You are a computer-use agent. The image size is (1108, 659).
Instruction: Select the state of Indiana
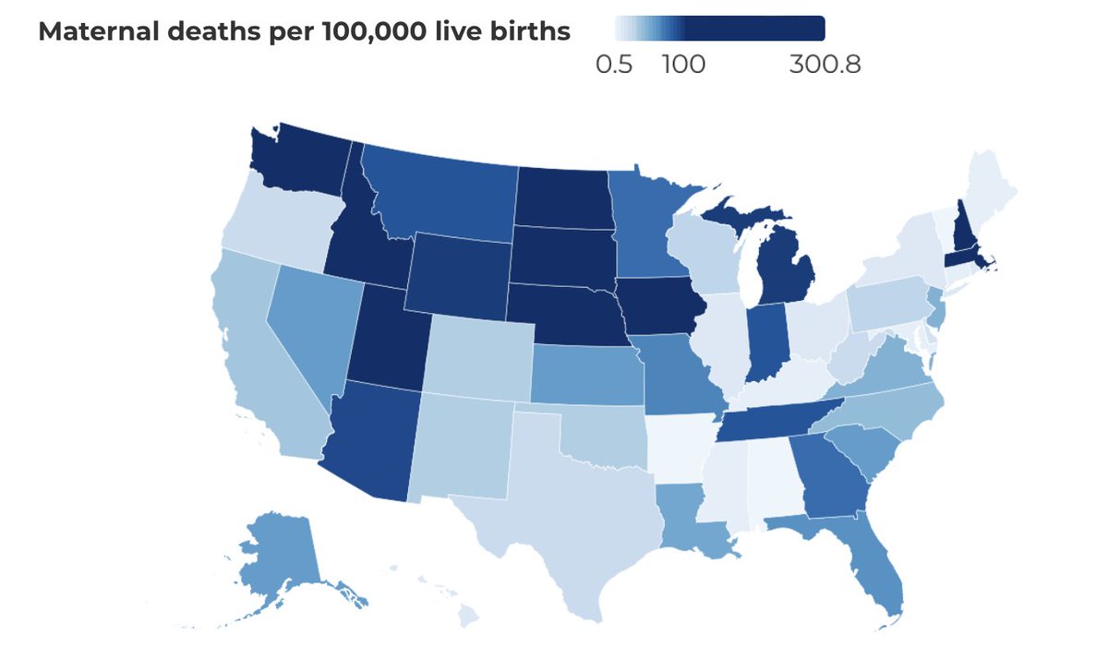765,341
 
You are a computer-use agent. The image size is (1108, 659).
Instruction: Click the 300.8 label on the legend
825,65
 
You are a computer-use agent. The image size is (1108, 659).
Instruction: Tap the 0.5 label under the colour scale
614,65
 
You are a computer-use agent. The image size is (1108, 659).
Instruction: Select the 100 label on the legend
683,65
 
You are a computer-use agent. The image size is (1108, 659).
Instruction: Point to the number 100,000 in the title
374,31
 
